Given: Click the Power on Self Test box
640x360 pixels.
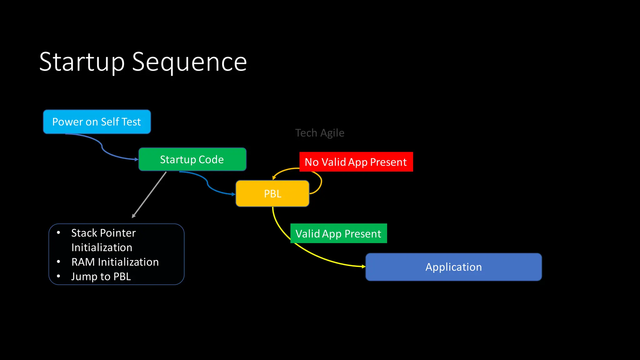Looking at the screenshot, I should click(97, 122).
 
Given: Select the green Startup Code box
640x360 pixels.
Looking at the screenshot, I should click(192, 159).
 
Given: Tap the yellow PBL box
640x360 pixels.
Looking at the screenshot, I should click(272, 194).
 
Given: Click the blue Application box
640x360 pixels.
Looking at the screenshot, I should click(453, 267).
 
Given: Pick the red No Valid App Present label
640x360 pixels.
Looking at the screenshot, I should click(356, 162).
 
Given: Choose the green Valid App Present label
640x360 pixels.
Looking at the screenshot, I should click(338, 233).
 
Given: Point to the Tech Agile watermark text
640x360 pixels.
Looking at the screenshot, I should click(320, 133).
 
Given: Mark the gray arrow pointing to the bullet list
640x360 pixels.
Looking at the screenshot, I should click(149, 194).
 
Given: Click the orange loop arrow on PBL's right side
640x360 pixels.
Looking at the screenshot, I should click(321, 183).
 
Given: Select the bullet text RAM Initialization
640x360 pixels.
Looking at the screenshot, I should click(115, 262).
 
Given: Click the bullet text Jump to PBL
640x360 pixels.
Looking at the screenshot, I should click(101, 277).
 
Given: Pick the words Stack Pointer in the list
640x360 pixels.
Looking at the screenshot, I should click(103, 233).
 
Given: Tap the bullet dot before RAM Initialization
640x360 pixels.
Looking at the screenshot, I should click(58, 262).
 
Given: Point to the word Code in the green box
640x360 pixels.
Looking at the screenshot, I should click(211, 159).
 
